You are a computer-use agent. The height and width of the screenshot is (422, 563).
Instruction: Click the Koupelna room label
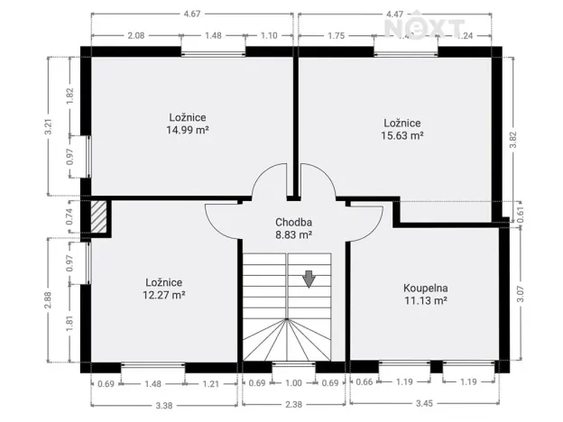(x=425, y=289)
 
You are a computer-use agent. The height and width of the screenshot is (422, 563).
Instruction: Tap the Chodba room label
(x=293, y=221)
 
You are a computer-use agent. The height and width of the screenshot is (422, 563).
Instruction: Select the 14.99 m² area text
(x=188, y=129)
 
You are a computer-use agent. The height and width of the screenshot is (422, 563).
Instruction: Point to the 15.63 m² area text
(x=402, y=135)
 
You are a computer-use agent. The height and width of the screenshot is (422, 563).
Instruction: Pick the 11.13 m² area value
(x=425, y=301)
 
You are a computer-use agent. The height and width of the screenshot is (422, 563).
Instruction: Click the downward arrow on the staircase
(x=309, y=279)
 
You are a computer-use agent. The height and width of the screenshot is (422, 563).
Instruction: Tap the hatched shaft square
(x=97, y=216)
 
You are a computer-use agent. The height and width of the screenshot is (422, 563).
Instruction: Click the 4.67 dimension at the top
(x=191, y=14)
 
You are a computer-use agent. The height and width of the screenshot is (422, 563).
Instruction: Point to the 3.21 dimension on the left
(x=50, y=127)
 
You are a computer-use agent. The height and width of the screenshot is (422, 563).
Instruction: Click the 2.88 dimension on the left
(x=50, y=301)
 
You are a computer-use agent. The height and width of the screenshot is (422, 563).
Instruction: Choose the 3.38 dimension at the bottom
(x=164, y=404)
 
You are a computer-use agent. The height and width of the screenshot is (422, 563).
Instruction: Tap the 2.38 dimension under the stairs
(x=293, y=404)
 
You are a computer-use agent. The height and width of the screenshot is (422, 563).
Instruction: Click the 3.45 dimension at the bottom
(x=423, y=404)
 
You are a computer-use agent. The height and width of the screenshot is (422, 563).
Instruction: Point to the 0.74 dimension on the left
(x=69, y=216)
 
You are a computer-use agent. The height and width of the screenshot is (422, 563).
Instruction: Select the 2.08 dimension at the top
(x=136, y=35)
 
